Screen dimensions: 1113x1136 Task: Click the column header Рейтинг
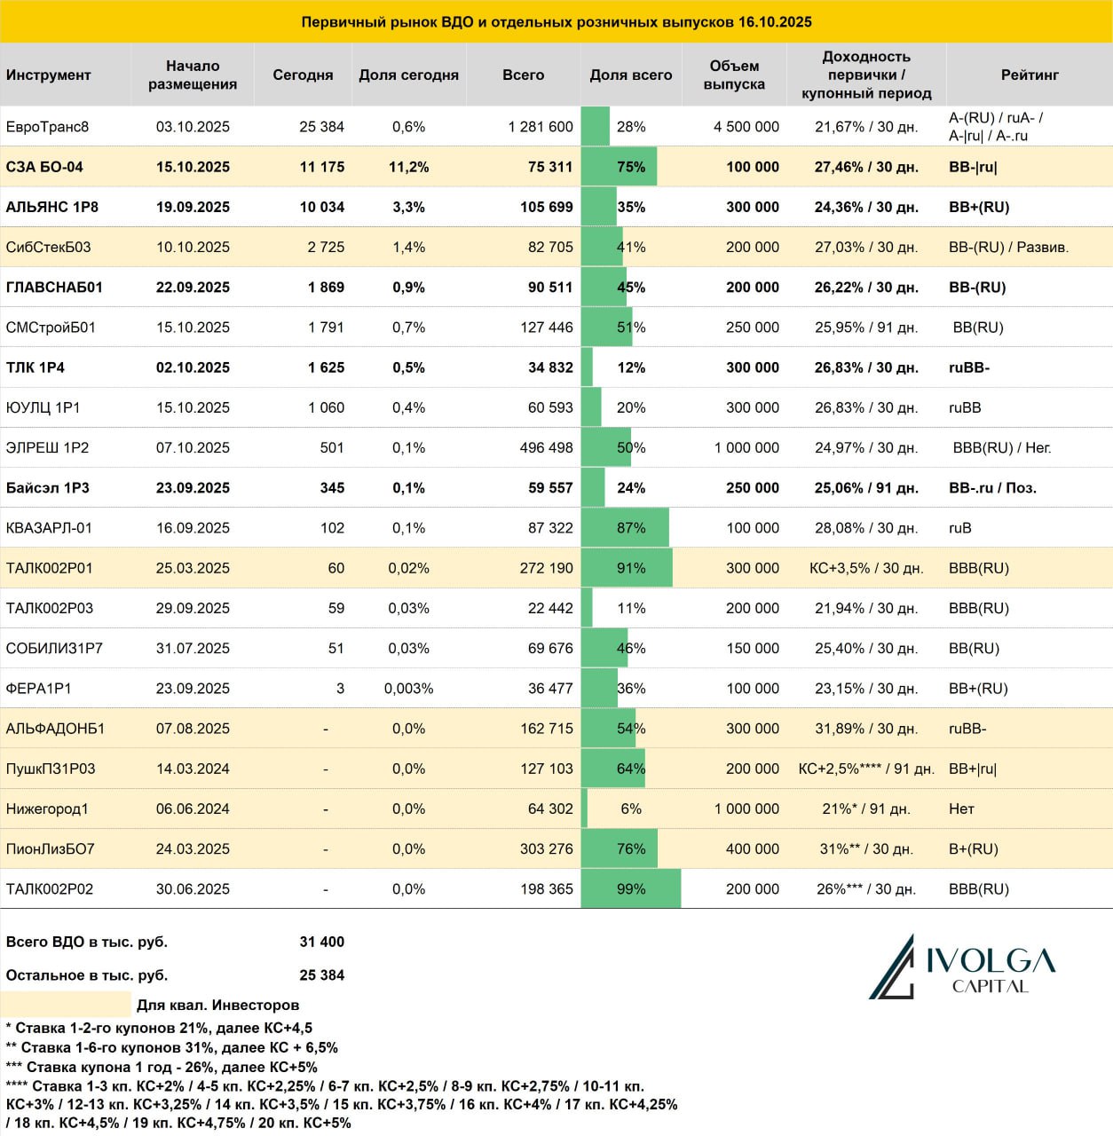[x=1030, y=75]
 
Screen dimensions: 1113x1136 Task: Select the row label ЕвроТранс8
[x=47, y=127]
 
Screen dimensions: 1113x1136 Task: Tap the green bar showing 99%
[x=630, y=888]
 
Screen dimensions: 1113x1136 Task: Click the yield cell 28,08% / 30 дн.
[x=866, y=527]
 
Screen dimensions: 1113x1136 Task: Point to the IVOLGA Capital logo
[x=962, y=966]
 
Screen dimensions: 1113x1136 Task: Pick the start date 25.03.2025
[x=193, y=568]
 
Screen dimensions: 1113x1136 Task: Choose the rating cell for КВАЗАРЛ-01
[x=959, y=527]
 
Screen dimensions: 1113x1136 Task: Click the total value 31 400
[x=321, y=942]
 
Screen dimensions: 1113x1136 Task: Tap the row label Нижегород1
[x=47, y=809]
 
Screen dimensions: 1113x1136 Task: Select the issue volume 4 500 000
[x=746, y=127]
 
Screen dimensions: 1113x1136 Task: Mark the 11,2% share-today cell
[x=408, y=167]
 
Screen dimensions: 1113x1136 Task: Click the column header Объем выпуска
[x=734, y=75]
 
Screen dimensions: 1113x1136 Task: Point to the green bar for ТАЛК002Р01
[x=627, y=568]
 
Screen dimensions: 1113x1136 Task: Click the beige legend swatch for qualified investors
[x=66, y=1005]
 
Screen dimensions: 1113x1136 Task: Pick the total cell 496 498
[x=546, y=447]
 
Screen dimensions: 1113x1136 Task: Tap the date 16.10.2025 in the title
[x=775, y=22]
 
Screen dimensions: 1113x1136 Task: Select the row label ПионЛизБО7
[x=50, y=848]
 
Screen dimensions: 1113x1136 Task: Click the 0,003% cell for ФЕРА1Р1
[x=408, y=688]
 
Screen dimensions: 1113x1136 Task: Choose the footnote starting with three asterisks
[x=162, y=1067]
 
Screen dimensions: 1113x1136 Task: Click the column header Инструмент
[x=48, y=75]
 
